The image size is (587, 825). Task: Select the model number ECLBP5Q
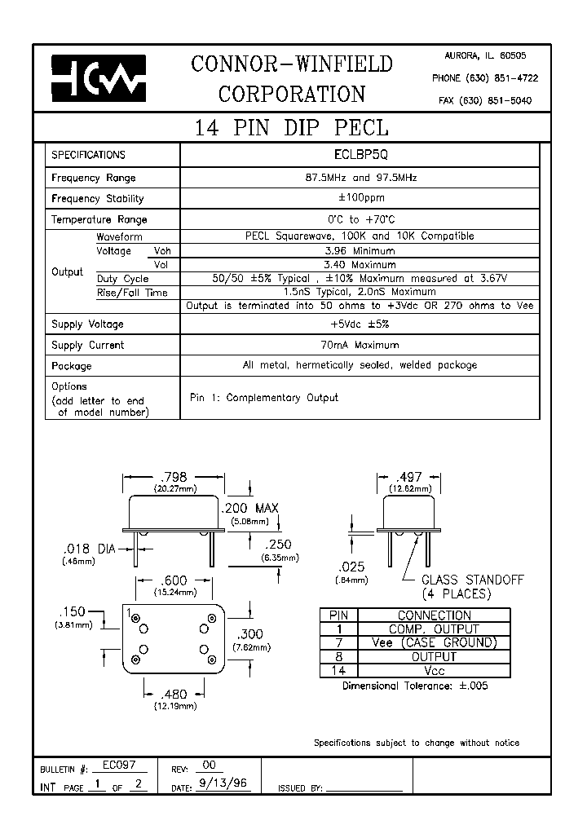pos(360,155)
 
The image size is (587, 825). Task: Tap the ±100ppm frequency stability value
pos(360,198)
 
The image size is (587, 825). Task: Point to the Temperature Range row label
pos(99,219)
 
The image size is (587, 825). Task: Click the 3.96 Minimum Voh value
pos(360,251)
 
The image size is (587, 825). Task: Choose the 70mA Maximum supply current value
pos(360,345)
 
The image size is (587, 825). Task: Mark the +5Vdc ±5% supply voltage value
pos(360,324)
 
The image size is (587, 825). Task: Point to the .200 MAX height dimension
pos(249,508)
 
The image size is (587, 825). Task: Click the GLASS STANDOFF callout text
pos(472,580)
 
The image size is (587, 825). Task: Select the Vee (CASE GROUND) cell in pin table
pos(433,643)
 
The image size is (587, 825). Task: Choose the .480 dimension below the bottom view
pos(172,694)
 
